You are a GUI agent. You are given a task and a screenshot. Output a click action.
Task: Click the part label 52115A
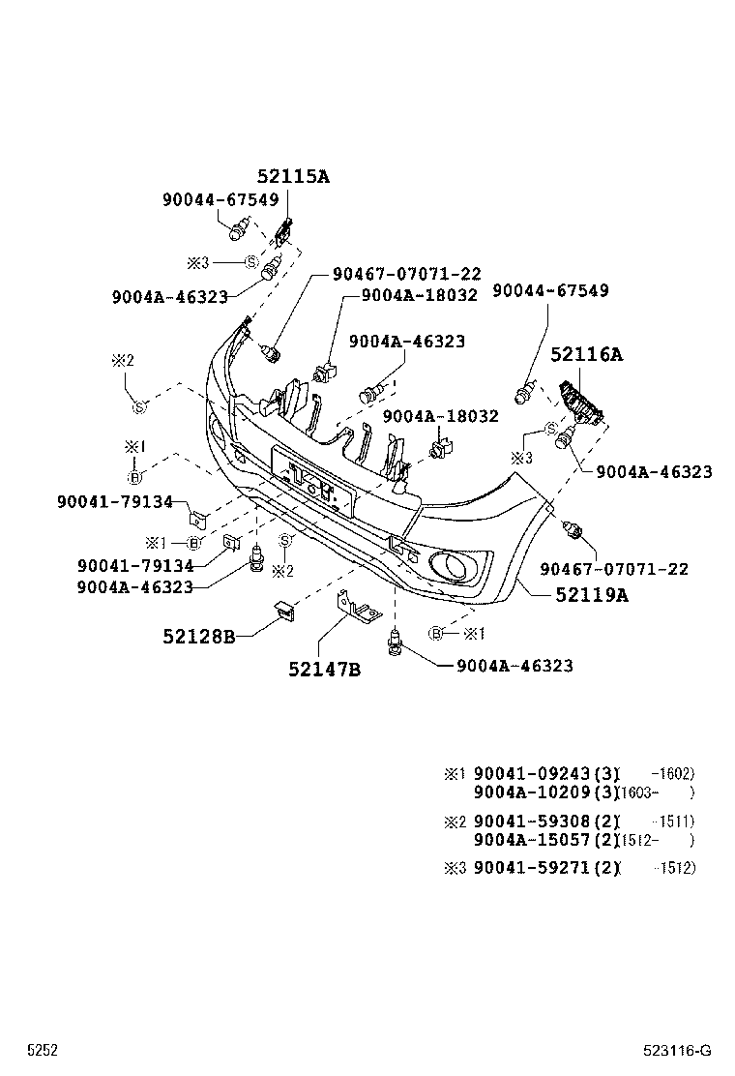(x=293, y=176)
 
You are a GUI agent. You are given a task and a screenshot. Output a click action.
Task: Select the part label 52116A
(x=586, y=354)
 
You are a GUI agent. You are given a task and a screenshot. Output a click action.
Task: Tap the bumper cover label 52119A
(x=591, y=595)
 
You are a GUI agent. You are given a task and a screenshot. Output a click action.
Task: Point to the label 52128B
(x=198, y=636)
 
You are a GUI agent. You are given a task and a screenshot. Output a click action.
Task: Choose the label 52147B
(x=324, y=669)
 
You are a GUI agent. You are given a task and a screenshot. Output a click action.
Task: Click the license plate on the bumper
(x=311, y=480)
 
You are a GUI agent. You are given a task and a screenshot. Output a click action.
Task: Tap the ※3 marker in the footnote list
(x=455, y=868)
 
